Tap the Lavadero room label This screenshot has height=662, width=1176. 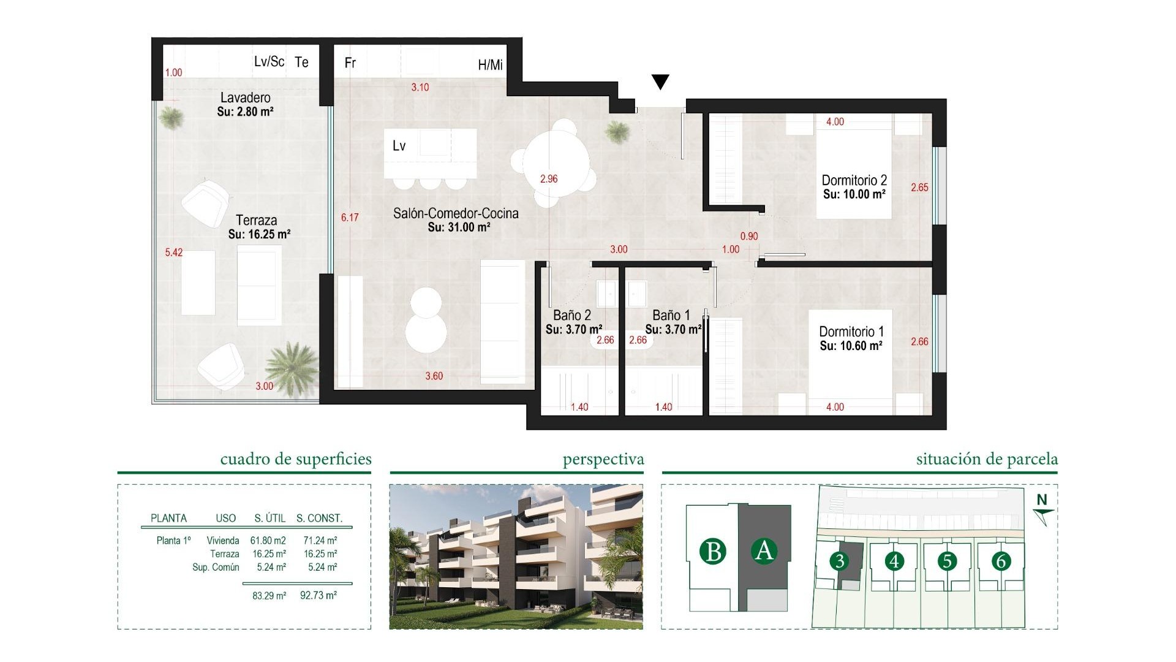point(245,97)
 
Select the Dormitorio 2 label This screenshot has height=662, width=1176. point(854,180)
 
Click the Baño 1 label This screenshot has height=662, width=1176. point(671,315)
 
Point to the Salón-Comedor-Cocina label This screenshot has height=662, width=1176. point(456,213)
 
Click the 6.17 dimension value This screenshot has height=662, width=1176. point(350,218)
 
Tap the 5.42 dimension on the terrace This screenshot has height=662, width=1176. point(173,253)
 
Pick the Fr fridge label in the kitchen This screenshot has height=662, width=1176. point(350,63)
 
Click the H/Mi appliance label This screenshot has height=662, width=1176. point(490,65)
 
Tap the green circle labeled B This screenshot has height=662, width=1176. point(713,551)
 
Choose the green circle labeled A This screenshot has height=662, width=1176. point(764,550)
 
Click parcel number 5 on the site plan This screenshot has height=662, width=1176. point(948,561)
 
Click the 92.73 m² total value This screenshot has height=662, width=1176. point(318,595)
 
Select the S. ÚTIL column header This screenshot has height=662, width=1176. point(269,518)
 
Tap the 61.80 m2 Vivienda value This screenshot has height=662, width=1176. point(268,541)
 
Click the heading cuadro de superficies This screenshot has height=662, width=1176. point(296,459)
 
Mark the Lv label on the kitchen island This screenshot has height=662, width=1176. point(399,146)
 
